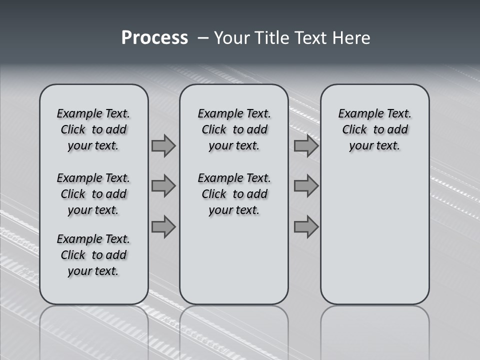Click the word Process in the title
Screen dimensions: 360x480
tap(154, 37)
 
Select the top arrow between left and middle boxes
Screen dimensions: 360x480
tap(163, 146)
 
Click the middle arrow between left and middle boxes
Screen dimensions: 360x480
tap(163, 186)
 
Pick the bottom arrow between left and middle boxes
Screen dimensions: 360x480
tap(163, 227)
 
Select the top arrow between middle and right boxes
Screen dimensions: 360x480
tap(306, 146)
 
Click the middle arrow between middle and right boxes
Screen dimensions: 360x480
tap(306, 186)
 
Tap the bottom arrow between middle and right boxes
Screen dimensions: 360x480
tap(306, 227)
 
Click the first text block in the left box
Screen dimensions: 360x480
tap(93, 129)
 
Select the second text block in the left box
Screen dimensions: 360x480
tap(93, 194)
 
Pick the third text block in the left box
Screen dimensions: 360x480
tap(93, 255)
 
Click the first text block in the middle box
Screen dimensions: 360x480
tap(234, 129)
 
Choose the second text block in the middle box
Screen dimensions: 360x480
tap(234, 194)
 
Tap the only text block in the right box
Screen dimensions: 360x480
tap(375, 129)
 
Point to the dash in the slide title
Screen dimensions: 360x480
tap(203, 38)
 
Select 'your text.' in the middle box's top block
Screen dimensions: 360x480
tap(234, 146)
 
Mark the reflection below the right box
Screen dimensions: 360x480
tap(375, 330)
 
